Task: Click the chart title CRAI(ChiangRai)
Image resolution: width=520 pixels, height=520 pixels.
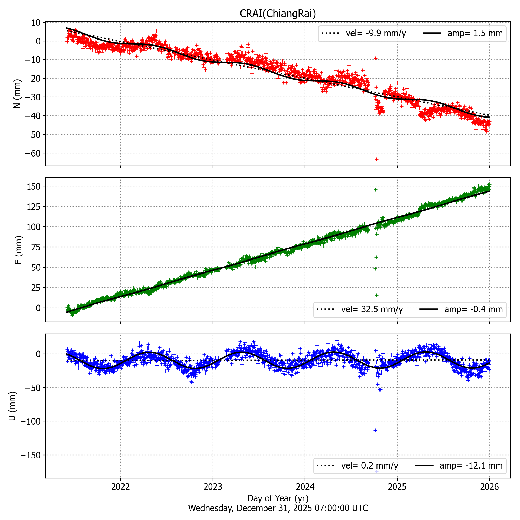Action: pos(278,14)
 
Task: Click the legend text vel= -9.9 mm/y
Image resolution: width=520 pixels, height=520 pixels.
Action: pos(376,33)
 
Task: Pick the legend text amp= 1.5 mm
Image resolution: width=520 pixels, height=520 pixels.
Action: pos(475,33)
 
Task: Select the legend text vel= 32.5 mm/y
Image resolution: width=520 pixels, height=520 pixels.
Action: pos(372,309)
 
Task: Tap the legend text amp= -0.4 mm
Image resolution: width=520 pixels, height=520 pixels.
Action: pos(473,309)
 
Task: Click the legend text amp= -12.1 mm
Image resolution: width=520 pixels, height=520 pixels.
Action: pos(471,466)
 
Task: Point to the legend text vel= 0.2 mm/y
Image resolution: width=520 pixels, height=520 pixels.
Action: pos(369,466)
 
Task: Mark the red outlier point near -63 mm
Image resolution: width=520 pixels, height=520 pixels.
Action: pos(376,159)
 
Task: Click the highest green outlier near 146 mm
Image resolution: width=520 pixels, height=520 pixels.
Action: pos(375,190)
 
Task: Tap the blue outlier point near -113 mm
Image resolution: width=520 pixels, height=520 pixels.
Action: pos(375,430)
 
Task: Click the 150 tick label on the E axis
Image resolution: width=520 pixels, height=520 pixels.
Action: pos(34,186)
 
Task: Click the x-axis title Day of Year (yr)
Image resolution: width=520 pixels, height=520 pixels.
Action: pos(278,498)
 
